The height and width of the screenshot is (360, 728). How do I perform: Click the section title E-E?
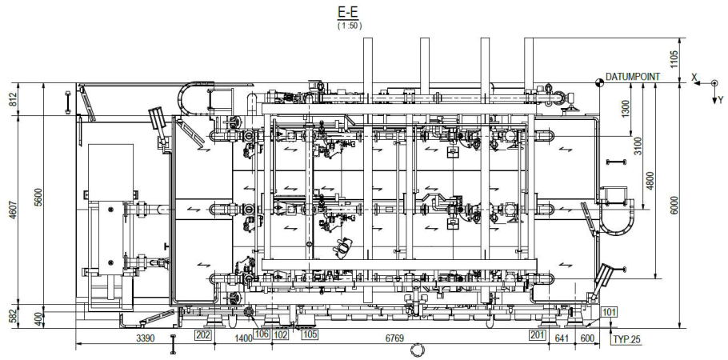pyautogui.click(x=350, y=11)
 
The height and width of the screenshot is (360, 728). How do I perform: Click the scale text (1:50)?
pyautogui.click(x=350, y=26)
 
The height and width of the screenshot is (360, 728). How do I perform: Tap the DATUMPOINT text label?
pyautogui.click(x=632, y=77)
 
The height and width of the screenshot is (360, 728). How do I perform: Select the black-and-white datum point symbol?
pyautogui.click(x=599, y=82)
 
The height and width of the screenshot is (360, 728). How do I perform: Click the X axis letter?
pyautogui.click(x=694, y=78)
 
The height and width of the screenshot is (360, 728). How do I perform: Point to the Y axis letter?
pyautogui.click(x=720, y=100)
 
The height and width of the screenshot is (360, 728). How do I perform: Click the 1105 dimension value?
pyautogui.click(x=674, y=60)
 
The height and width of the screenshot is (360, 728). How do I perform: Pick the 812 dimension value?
pyautogui.click(x=13, y=99)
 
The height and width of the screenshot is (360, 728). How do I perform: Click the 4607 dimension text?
pyautogui.click(x=13, y=209)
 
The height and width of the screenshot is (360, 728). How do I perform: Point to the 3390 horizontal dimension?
pyautogui.click(x=145, y=338)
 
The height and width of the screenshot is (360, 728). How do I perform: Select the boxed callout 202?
pyautogui.click(x=203, y=334)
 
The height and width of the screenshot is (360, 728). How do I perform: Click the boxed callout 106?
pyautogui.click(x=262, y=334)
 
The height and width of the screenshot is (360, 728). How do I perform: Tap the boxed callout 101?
pyautogui.click(x=609, y=311)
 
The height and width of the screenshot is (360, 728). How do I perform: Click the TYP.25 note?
pyautogui.click(x=626, y=339)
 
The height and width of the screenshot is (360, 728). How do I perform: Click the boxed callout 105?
pyautogui.click(x=310, y=334)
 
